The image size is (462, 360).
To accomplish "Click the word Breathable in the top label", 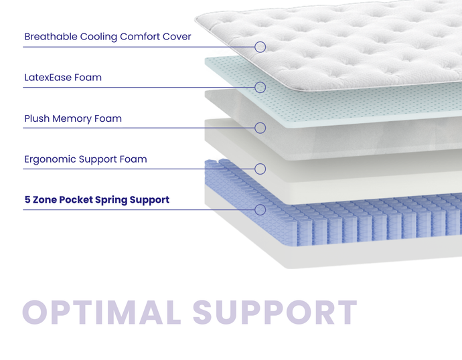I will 50,37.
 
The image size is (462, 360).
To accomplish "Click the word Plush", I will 37,119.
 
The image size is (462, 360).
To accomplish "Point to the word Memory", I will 72,119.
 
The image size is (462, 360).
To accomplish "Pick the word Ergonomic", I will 51,160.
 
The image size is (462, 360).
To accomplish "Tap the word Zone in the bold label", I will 46,200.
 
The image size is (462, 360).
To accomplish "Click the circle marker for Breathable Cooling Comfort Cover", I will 260,47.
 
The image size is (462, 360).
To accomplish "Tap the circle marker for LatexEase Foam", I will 260,87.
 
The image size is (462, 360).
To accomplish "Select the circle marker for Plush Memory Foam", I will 260,128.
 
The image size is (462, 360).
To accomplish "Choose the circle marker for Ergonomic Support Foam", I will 260,169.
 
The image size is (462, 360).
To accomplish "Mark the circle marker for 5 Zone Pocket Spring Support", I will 260,209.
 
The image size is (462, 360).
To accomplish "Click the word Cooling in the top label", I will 98,37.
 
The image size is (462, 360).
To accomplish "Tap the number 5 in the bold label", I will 27,200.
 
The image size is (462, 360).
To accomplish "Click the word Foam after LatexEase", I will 88,78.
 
